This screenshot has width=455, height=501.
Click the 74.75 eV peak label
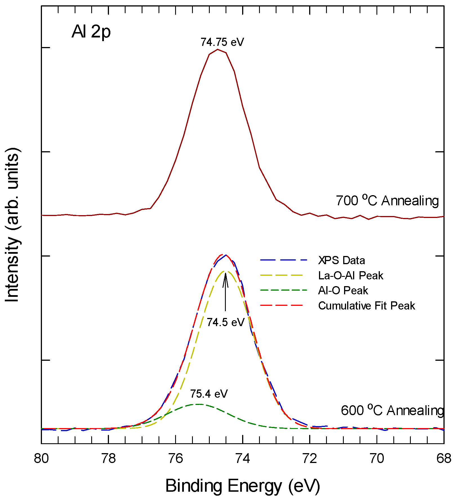click(222, 42)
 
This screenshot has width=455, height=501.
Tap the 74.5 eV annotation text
click(226, 322)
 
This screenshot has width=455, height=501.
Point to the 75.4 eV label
click(209, 394)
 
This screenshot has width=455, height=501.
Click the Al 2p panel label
click(91, 32)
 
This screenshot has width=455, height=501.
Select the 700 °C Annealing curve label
click(387, 201)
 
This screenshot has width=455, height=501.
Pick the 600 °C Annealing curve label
click(392, 411)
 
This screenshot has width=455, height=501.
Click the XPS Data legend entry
click(341, 260)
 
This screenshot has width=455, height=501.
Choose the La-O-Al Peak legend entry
click(351, 275)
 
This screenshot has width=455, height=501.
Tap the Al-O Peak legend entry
click(343, 291)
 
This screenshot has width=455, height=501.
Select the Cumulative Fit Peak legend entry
click(366, 306)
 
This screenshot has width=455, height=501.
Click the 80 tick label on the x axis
click(41, 459)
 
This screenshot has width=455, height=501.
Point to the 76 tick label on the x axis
click(176, 459)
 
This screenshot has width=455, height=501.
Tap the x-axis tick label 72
click(310, 459)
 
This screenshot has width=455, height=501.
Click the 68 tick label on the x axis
click(444, 459)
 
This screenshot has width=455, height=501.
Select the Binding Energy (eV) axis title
click(242, 486)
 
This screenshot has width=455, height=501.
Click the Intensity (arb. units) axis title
click(12, 225)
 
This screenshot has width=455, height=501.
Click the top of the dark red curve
click(217, 50)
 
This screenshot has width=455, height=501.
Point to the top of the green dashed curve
click(199, 404)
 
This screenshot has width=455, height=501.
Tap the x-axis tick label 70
click(377, 459)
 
